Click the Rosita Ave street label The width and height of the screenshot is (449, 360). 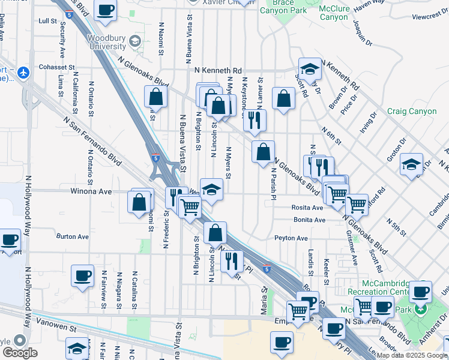pos(309,208)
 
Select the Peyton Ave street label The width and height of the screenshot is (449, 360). pos(291,238)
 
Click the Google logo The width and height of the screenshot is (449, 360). pos(19,353)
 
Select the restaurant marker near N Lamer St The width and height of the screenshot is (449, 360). pos(255,120)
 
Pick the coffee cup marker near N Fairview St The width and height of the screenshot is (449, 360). pos(83,276)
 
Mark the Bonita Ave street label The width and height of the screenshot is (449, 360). pos(310,220)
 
